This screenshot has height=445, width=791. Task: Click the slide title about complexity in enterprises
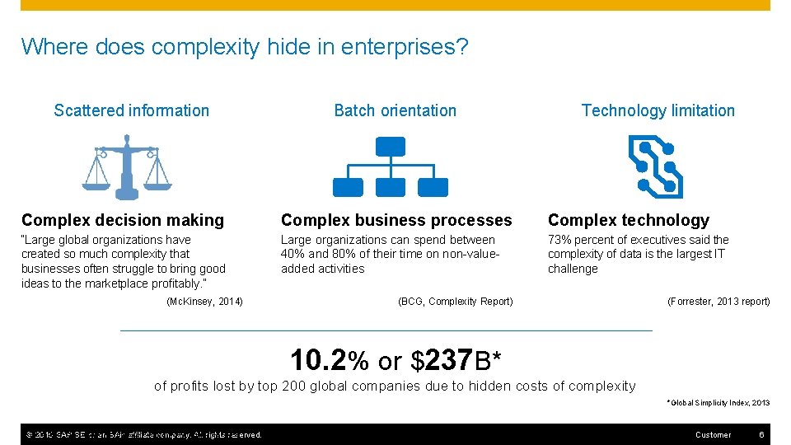tap(245, 46)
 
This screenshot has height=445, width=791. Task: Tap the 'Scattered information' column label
tap(132, 110)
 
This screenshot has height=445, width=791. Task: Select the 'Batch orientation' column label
tap(395, 110)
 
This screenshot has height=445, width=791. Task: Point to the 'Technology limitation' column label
tap(658, 110)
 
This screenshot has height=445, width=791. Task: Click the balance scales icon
tap(127, 167)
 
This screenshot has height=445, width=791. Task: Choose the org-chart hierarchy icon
tap(390, 167)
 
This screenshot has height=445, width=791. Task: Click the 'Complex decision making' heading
tap(123, 220)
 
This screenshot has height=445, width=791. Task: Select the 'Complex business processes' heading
tap(396, 220)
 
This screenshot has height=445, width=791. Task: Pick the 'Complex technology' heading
tap(628, 220)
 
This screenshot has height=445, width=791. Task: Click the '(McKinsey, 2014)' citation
tap(204, 302)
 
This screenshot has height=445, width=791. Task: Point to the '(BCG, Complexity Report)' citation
tap(455, 302)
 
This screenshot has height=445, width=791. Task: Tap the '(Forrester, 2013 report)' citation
tap(718, 302)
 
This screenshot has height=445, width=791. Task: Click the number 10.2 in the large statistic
tap(319, 360)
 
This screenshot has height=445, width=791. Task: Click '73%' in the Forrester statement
tap(559, 240)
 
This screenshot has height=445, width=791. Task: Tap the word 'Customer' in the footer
tap(713, 434)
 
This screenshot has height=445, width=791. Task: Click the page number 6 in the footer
tap(762, 434)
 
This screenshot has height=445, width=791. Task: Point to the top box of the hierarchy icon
tap(390, 147)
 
